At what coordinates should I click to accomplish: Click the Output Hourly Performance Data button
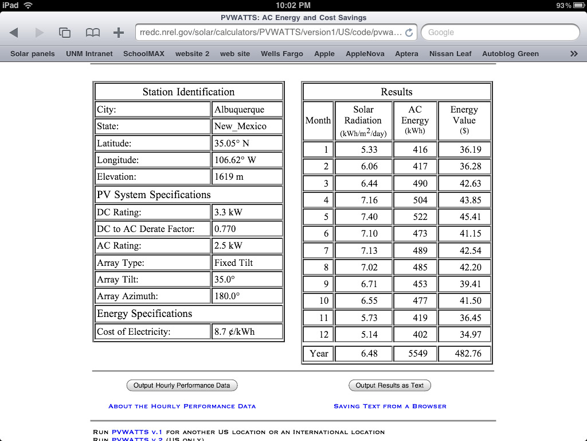(182, 385)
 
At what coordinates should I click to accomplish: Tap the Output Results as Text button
(389, 385)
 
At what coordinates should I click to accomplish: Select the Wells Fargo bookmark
(281, 53)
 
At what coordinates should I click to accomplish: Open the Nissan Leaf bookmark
(450, 53)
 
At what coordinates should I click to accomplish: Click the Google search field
(500, 32)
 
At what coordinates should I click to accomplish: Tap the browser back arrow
(14, 33)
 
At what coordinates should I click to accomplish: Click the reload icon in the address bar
(409, 33)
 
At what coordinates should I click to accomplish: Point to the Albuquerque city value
(239, 109)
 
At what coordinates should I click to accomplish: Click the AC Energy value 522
(420, 217)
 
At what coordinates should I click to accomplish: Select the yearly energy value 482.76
(468, 353)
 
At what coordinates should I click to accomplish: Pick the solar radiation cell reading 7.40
(369, 217)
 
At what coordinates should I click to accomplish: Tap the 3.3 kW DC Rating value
(228, 212)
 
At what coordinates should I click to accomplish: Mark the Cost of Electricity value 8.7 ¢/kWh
(234, 331)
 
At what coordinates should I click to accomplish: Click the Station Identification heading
(189, 92)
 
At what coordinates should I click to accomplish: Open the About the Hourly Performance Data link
(182, 406)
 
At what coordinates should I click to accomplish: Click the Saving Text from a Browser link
(390, 406)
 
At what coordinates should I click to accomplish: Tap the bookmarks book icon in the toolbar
(92, 33)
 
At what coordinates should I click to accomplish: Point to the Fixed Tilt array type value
(233, 262)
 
